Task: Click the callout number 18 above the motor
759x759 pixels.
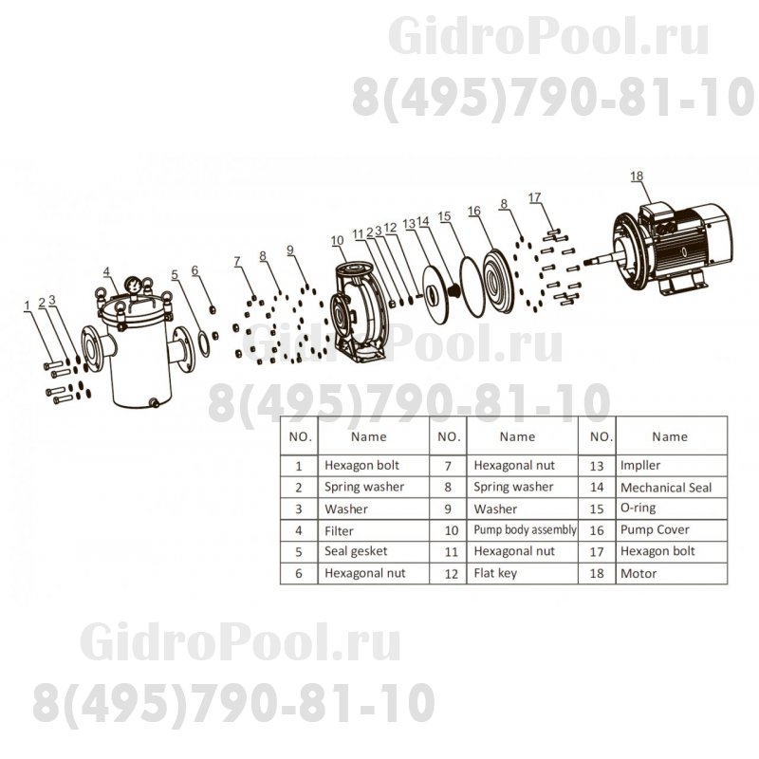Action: coord(636,176)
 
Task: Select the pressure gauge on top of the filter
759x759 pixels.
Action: coord(134,282)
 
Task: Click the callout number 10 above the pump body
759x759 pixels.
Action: coord(338,241)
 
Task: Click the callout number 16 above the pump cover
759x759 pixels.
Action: coord(474,211)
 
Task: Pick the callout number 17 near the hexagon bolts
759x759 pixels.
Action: coord(535,197)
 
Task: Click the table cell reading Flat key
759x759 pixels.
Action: coord(493,574)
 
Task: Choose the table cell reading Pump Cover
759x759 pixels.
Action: coord(654,530)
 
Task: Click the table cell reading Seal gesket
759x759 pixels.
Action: coord(356,552)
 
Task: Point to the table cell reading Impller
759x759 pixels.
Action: coord(639,466)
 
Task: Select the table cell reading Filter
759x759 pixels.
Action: coord(339,530)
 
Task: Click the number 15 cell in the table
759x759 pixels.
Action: coord(598,509)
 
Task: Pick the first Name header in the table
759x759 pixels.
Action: coord(368,437)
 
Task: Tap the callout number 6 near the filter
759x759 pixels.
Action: coord(194,269)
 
